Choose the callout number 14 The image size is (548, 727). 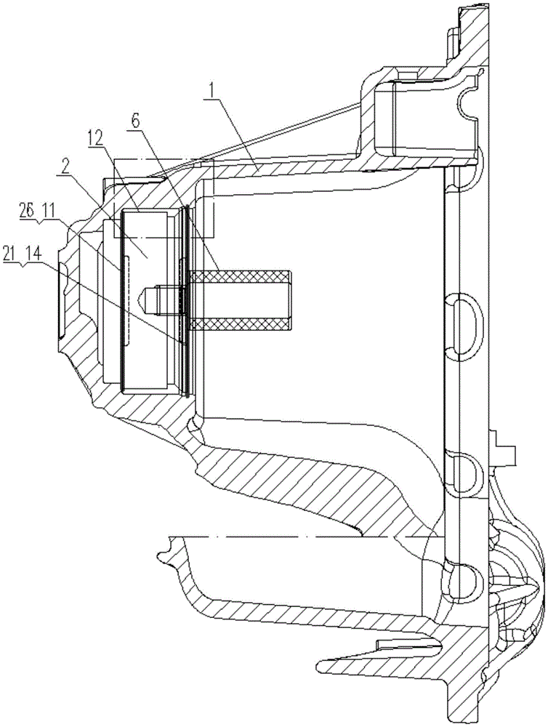35,255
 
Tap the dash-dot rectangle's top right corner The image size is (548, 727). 214,160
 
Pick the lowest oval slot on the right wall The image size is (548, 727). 465,579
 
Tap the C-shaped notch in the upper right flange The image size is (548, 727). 470,101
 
